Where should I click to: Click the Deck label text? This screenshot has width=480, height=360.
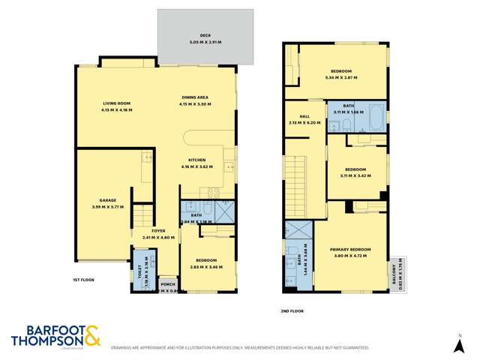tap(205, 34)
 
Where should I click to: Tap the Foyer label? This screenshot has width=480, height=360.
tap(158, 230)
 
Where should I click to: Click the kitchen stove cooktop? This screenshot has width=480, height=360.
tap(213, 193)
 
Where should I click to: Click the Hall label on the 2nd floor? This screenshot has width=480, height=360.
tap(304, 116)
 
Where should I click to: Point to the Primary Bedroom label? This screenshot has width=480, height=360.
tap(351, 249)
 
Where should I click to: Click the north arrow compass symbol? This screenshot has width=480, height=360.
tap(460, 343)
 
